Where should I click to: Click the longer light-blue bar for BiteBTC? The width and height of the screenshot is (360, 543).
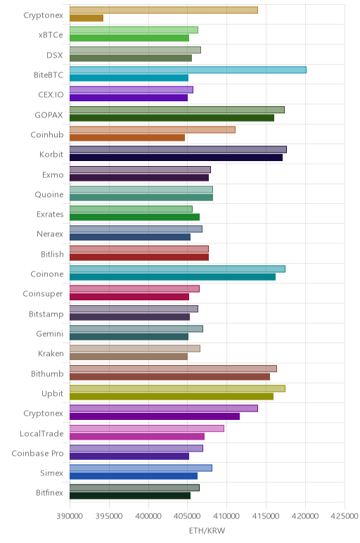point(188,70)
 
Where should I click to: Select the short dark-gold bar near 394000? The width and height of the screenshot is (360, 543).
point(86,18)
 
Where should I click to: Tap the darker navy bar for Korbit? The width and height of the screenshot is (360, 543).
point(176,158)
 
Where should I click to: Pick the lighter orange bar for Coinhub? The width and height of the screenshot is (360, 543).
point(153,129)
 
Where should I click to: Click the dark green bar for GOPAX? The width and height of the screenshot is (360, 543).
point(172,117)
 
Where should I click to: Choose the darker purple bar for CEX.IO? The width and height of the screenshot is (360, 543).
point(129,98)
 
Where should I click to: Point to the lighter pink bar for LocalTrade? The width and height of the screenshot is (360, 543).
point(147,428)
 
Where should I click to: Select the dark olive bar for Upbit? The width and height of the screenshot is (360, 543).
point(172,396)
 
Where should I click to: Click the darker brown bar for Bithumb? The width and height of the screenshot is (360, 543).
point(169,376)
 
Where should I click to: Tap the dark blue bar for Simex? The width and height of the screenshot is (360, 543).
point(134,475)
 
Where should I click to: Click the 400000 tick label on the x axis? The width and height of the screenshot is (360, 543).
point(148,516)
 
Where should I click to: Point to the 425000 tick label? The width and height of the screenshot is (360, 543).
point(345,516)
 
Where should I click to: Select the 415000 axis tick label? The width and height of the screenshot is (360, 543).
point(266,516)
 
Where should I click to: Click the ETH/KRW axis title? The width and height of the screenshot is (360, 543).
point(207,530)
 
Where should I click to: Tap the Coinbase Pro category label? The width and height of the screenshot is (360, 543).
point(37,453)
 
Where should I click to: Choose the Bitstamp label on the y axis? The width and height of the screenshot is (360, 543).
point(46,314)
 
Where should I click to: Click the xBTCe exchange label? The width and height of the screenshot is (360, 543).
point(51,35)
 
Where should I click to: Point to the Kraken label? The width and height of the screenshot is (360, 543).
point(51,354)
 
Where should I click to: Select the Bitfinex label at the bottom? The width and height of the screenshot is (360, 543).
point(49,493)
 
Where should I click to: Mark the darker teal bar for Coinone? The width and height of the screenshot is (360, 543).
point(172,277)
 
